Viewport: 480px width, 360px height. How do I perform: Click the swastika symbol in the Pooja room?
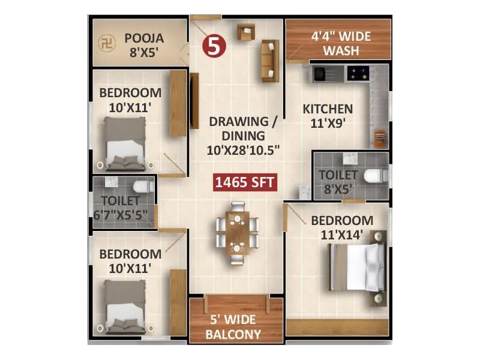106,43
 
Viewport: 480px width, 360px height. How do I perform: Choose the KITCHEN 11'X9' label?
327,115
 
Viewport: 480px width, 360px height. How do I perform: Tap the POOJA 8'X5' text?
144,45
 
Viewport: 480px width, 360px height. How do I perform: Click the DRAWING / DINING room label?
243,136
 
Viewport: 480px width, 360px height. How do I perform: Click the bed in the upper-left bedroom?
125,143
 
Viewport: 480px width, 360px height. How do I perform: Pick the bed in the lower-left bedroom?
125,306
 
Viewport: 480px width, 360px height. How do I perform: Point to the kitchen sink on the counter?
318,74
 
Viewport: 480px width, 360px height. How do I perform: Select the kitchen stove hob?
359,74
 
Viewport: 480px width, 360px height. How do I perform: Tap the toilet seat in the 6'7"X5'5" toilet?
141,186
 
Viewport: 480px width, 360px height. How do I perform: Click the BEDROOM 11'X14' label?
341,227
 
